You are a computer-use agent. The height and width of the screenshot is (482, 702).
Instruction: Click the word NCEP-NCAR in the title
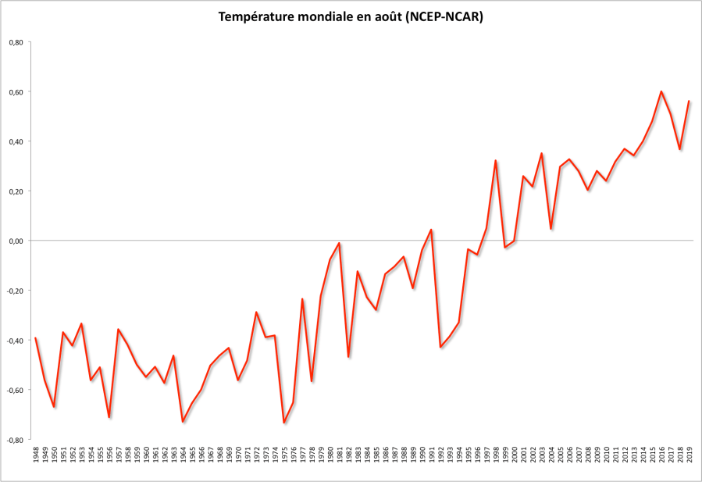coord(444,17)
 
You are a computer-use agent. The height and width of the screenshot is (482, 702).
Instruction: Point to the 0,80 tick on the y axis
coord(16,42)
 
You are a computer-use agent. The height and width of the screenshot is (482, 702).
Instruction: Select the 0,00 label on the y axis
coord(16,241)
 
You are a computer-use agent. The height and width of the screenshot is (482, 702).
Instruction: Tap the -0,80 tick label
coord(15,440)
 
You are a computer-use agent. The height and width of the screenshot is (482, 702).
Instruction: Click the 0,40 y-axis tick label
coord(16,141)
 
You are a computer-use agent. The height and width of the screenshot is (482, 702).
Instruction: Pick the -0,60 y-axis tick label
coord(15,390)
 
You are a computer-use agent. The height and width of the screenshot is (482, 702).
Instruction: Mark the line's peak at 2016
coord(661,91)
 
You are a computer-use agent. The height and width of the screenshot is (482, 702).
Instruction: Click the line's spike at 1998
coord(496,160)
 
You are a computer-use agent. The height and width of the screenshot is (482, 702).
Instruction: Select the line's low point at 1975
coord(284,423)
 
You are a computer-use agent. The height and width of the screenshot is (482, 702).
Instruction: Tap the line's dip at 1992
coord(440,347)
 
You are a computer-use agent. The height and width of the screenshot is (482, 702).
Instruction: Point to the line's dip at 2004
coord(551,229)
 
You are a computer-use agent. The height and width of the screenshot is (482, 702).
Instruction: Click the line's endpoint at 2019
coord(689,101)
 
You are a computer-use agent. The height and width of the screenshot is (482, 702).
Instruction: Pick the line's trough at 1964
coord(183,422)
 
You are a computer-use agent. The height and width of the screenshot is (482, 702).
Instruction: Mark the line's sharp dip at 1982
coord(348,357)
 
